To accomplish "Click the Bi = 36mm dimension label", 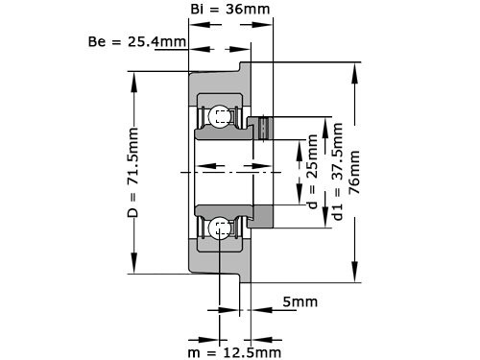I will coord(229,11).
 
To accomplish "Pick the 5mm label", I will coord(301,302).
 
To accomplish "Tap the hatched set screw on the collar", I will coord(264,126).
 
